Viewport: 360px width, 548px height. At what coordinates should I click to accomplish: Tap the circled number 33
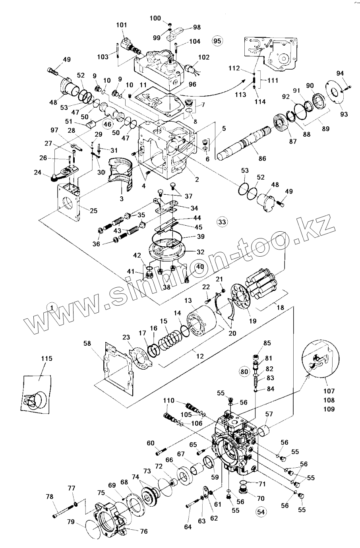tap(222, 222)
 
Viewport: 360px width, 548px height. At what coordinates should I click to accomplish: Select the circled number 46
tap(107, 124)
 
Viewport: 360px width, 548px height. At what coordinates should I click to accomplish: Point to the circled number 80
tap(244, 372)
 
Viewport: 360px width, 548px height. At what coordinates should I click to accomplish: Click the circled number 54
tap(261, 512)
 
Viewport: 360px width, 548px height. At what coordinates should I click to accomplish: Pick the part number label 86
tap(262, 158)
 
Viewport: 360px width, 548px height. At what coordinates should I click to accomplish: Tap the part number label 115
tap(47, 358)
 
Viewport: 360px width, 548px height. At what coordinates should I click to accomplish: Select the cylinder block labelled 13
tap(201, 321)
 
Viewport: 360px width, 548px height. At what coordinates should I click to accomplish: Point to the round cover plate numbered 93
tap(335, 93)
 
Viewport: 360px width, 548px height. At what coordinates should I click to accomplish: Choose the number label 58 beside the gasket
tap(87, 343)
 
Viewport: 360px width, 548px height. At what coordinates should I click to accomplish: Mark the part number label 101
tap(122, 25)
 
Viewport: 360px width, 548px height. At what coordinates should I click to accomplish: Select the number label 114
tap(260, 101)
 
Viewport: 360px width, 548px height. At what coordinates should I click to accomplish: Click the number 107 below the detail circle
tap(329, 391)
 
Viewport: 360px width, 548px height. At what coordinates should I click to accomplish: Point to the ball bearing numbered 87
tap(281, 122)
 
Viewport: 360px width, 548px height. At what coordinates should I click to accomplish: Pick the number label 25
tap(94, 211)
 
